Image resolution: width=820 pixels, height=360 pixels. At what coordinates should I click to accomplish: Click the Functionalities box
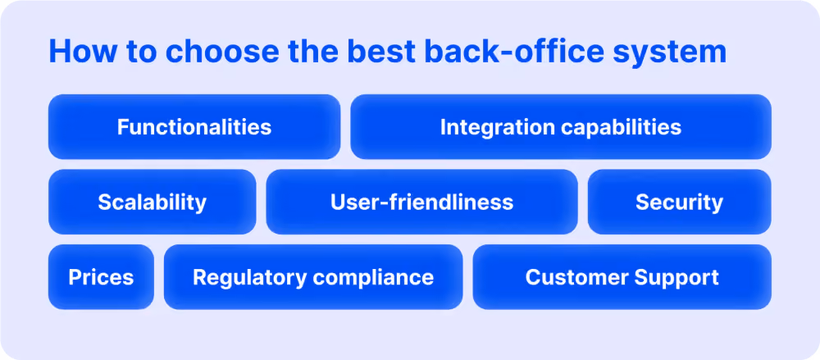tap(194, 126)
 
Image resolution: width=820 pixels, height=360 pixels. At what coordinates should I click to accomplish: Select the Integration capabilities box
tap(561, 126)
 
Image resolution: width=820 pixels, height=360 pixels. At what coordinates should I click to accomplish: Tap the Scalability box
tap(153, 202)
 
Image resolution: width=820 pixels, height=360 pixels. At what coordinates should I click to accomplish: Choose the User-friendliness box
tap(422, 202)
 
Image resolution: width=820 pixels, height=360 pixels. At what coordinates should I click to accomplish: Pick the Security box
tap(679, 202)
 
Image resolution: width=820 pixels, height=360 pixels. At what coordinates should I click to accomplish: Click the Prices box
tap(101, 277)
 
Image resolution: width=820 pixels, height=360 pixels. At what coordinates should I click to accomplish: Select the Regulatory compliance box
tap(313, 277)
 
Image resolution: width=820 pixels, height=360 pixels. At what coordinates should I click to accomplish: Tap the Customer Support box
tap(622, 277)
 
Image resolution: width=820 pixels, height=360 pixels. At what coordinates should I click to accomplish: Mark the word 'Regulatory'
tap(249, 278)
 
